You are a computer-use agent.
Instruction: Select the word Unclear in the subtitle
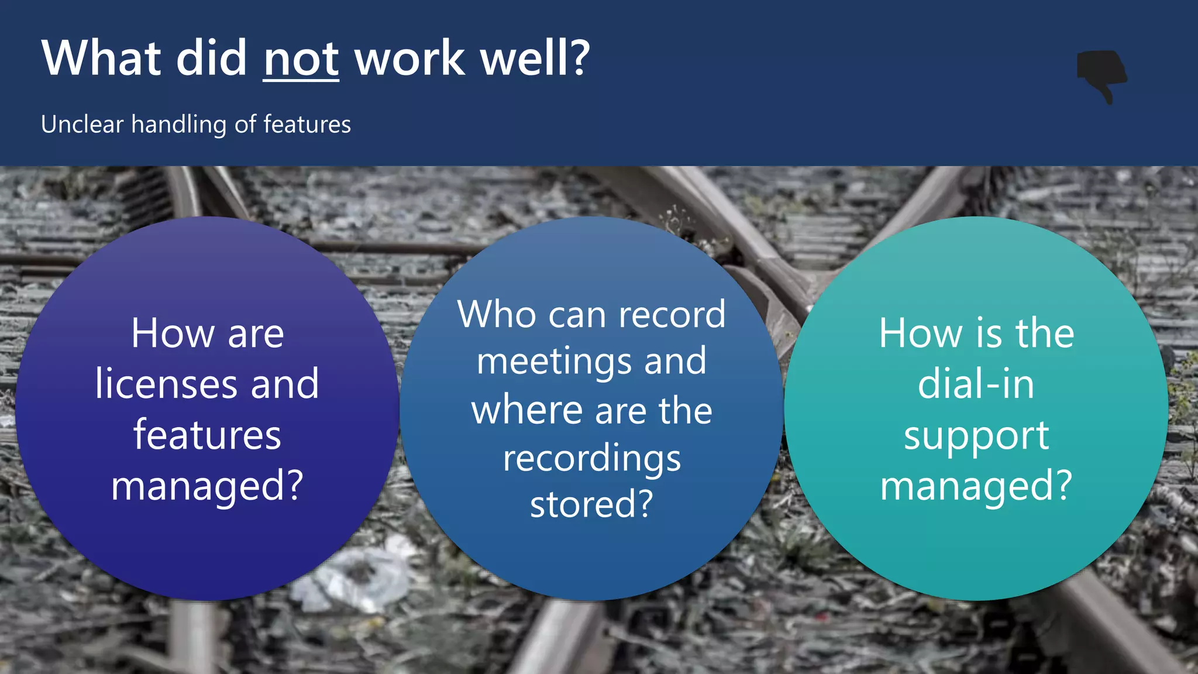coord(82,124)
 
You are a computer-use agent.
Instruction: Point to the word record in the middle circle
coord(672,315)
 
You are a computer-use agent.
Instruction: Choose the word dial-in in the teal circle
coord(976,384)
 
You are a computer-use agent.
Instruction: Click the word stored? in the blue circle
coord(591,504)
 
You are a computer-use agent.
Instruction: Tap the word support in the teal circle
coord(976,436)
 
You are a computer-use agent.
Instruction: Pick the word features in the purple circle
coord(207,435)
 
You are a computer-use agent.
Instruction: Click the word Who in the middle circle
coord(497,315)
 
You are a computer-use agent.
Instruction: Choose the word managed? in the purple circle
coord(207,487)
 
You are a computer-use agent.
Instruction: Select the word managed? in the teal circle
coord(976,487)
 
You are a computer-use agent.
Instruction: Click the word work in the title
coord(409,59)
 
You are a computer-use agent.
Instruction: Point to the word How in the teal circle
coord(920,333)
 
